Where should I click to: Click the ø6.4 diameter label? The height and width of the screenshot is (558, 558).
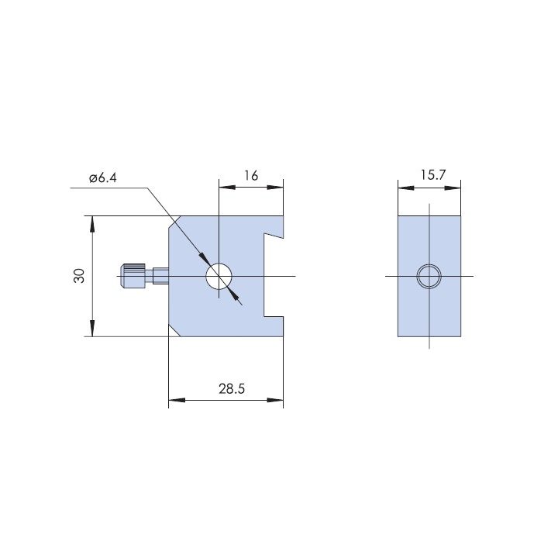(x=103, y=177)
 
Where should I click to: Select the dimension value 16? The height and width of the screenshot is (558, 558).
(x=251, y=175)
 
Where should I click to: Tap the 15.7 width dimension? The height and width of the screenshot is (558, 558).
(x=432, y=174)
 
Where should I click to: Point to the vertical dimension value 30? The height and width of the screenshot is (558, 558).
(x=79, y=276)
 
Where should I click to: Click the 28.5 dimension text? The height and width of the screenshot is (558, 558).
(x=232, y=388)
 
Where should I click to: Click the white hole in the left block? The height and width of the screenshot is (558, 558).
(x=219, y=276)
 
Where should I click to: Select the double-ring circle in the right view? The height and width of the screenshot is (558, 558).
(x=429, y=276)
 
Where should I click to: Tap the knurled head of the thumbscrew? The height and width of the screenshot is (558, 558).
(x=133, y=276)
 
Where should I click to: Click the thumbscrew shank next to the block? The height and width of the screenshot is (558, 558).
(x=160, y=276)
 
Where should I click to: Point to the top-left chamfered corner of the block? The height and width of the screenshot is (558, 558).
(x=174, y=222)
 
